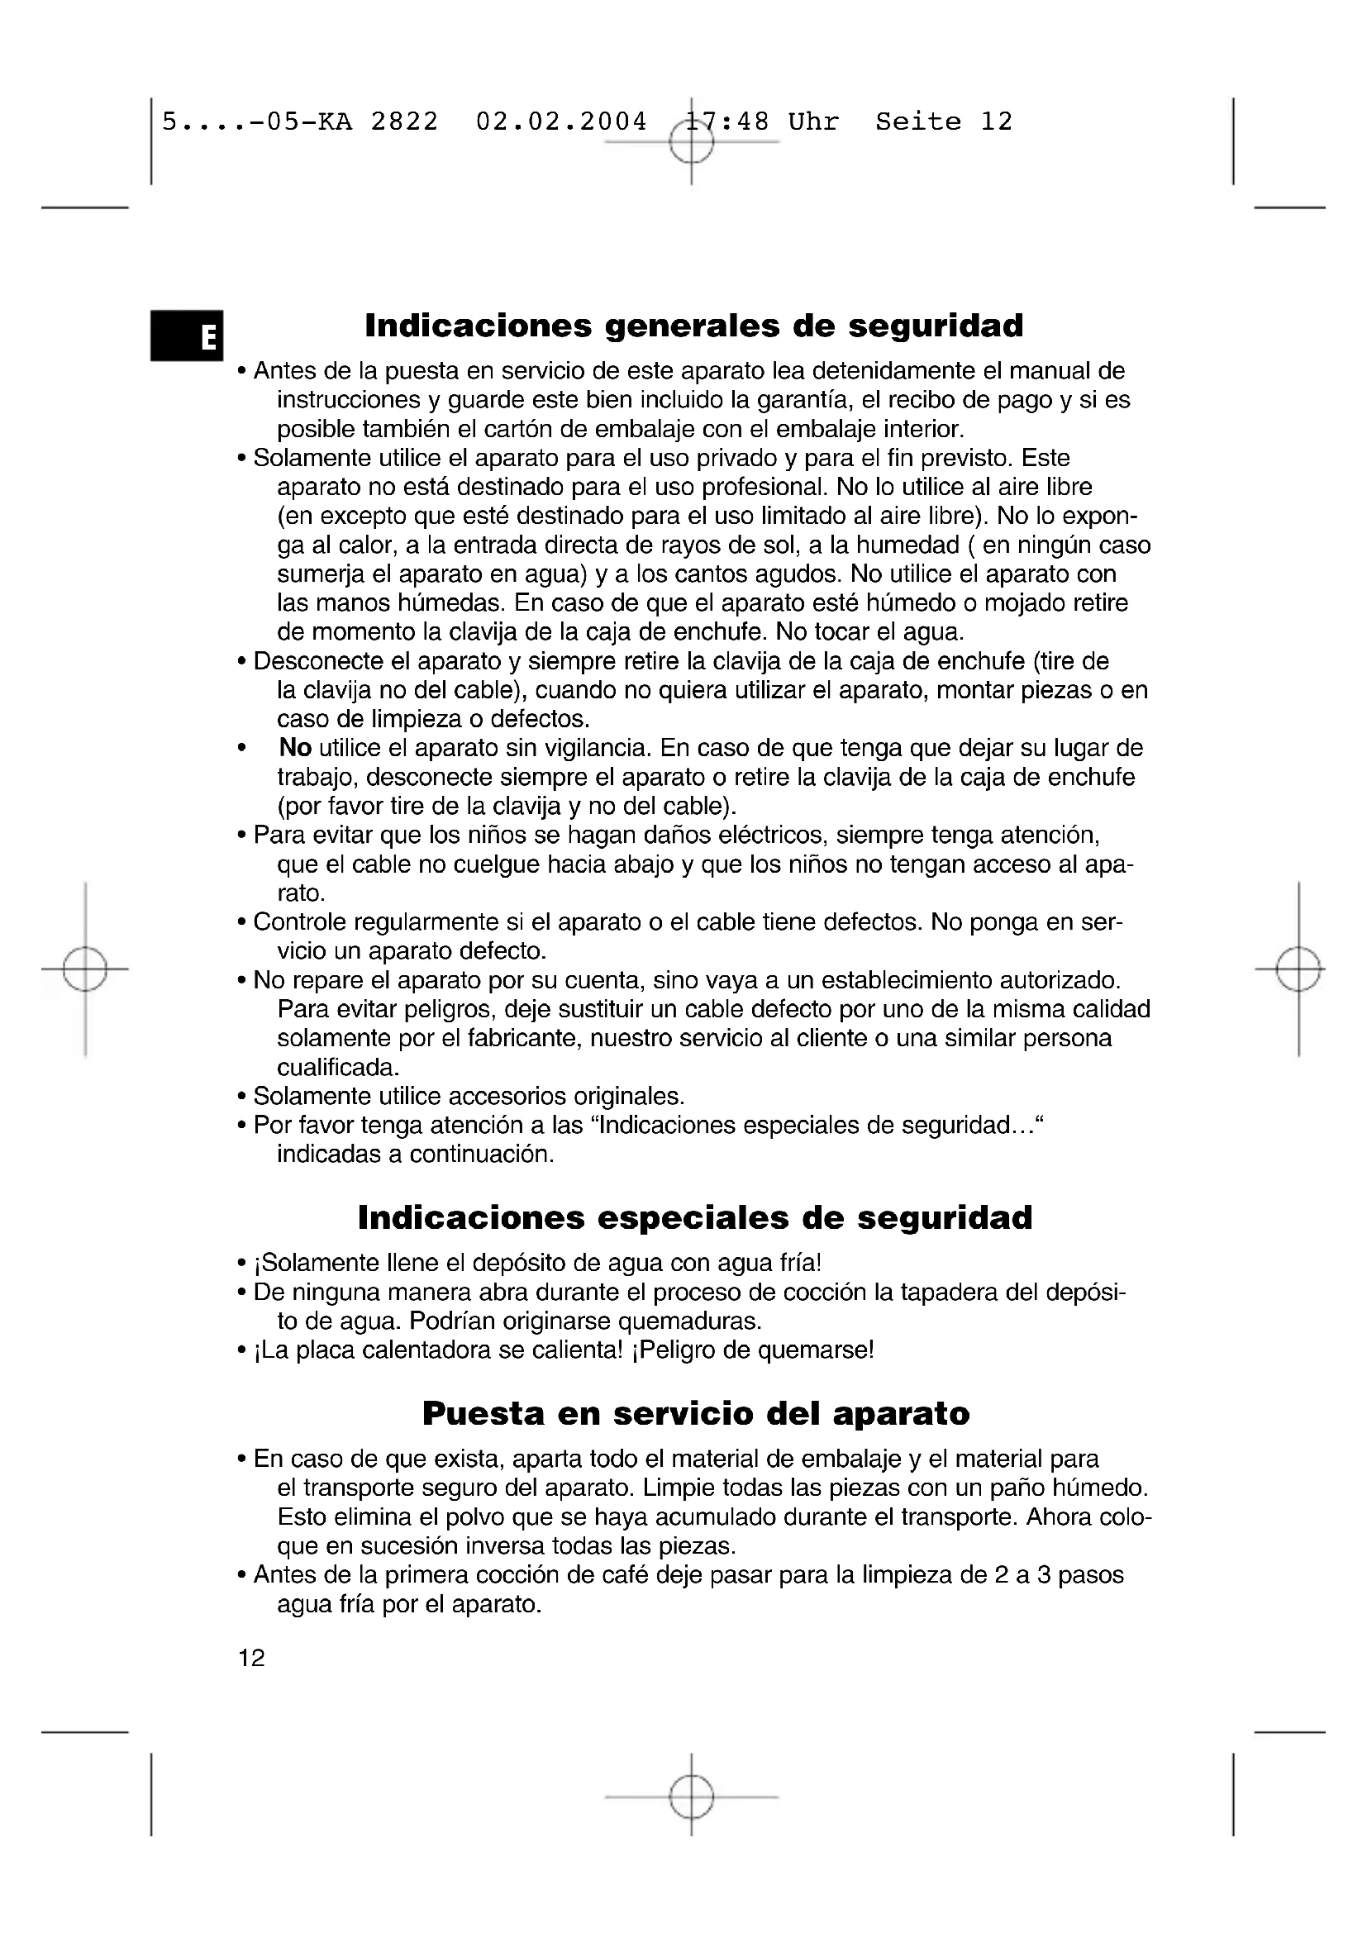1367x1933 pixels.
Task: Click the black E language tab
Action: (187, 336)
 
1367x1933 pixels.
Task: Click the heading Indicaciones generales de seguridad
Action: (693, 326)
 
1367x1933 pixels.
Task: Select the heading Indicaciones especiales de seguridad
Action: (694, 1218)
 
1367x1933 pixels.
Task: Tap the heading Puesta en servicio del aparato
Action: (695, 1413)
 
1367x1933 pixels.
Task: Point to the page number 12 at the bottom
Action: (252, 1659)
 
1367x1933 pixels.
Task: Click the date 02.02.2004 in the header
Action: (561, 122)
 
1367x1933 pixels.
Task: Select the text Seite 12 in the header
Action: (944, 122)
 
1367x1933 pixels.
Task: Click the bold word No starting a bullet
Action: (295, 748)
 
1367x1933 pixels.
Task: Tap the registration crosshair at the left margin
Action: (85, 969)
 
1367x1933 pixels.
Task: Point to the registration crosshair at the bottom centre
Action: (691, 1797)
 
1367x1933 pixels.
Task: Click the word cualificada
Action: (336, 1068)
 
